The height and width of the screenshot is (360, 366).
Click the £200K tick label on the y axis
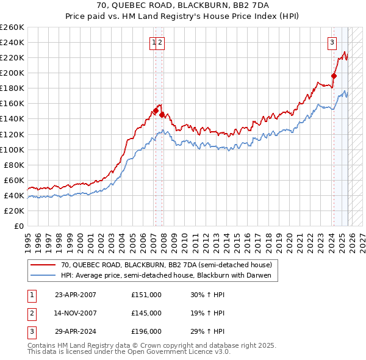click(12, 73)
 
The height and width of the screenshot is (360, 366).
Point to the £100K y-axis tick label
click(12, 149)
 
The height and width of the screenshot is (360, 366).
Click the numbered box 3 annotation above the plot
click(332, 43)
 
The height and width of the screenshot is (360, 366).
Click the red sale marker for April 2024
click(334, 76)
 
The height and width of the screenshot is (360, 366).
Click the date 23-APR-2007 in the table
click(76, 295)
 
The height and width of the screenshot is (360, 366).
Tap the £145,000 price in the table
click(146, 313)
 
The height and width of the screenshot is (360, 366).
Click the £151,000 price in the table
click(146, 295)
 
